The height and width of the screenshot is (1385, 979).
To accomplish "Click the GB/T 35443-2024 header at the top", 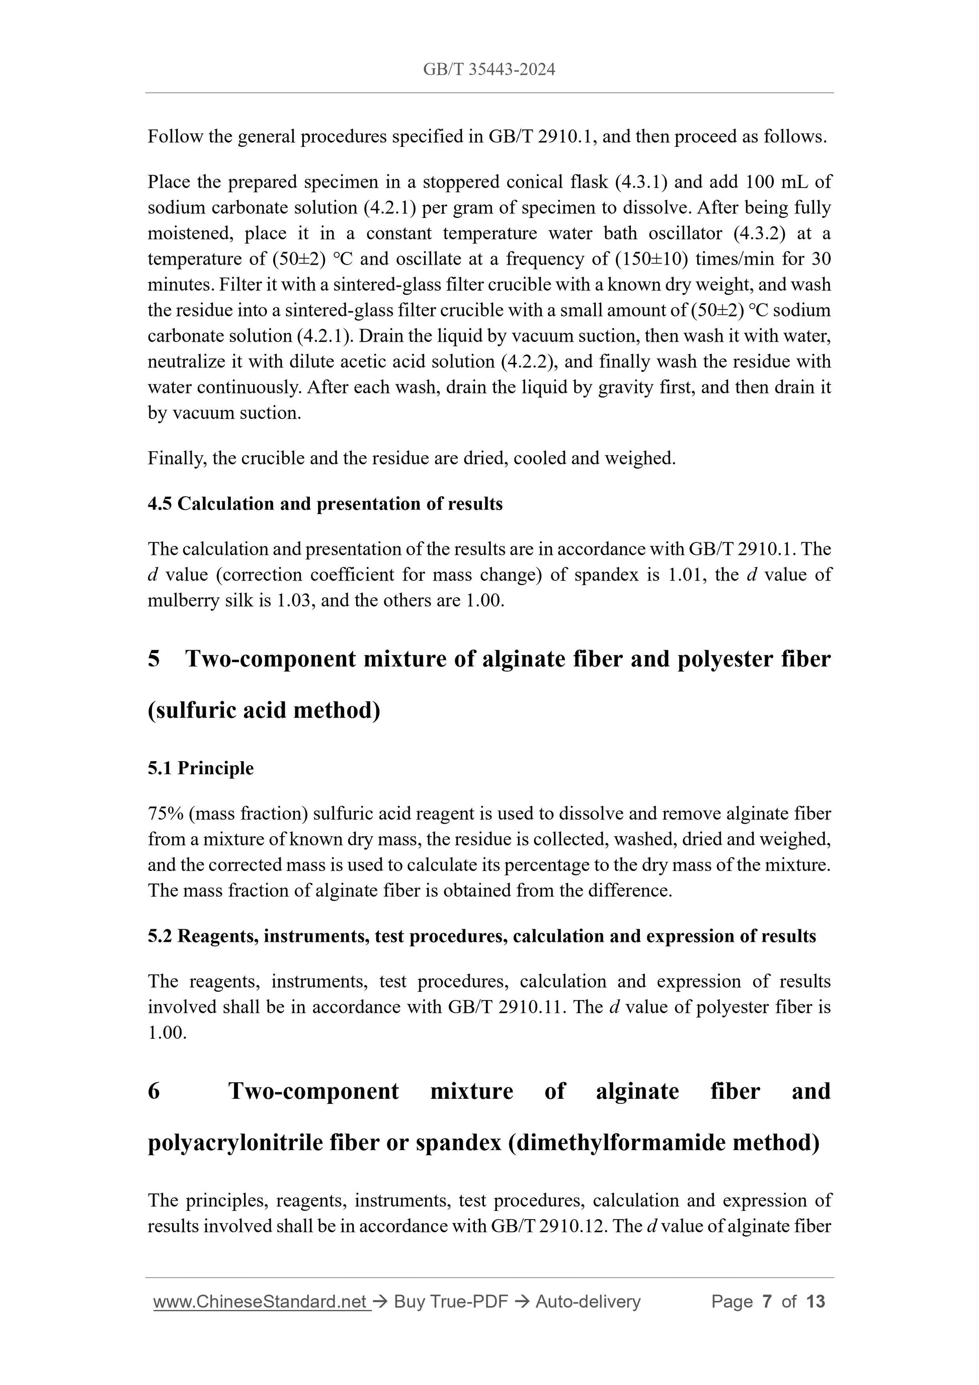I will pos(488,70).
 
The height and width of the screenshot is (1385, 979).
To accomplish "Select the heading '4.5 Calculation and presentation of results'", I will pos(324,504).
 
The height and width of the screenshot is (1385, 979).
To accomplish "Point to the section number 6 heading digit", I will pos(154,1091).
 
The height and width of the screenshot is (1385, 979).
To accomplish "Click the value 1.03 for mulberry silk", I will pos(293,601).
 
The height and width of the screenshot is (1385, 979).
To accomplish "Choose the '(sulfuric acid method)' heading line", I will pos(264,710).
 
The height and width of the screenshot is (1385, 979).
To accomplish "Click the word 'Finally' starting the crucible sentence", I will pos(171,458).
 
